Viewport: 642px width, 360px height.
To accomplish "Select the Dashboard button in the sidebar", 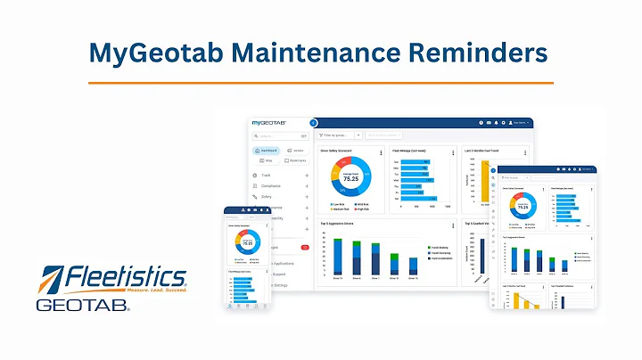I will pyautogui.click(x=267, y=151).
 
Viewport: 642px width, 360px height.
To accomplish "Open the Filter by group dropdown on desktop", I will pyautogui.click(x=339, y=135).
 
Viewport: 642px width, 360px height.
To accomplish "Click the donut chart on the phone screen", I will pyautogui.click(x=247, y=241).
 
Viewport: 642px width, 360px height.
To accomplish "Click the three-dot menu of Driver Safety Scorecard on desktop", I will pyautogui.click(x=381, y=152).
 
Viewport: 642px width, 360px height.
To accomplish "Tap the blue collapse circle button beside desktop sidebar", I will pyautogui.click(x=313, y=122).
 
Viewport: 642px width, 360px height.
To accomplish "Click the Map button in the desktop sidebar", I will pyautogui.click(x=265, y=160).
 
